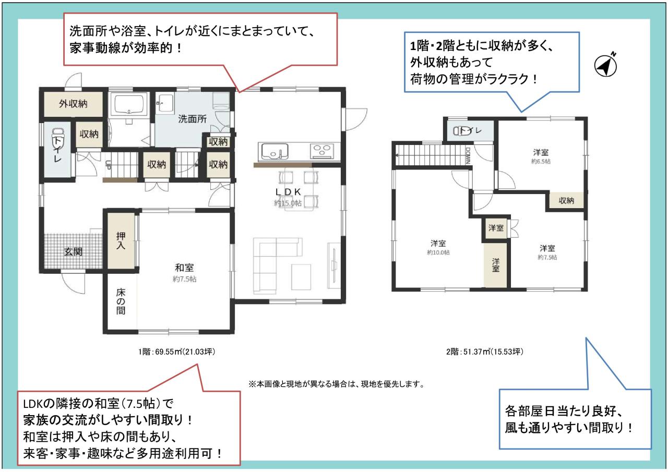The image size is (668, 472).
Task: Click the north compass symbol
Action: tap(606, 65)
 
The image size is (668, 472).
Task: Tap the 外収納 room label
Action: tap(73, 104)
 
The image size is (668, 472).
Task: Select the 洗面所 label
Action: tap(193, 119)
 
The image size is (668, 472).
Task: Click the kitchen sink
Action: tap(275, 151)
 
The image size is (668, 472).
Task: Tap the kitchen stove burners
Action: tap(323, 151)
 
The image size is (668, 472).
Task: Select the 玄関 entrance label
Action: tap(73, 252)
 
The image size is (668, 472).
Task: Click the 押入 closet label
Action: tap(121, 240)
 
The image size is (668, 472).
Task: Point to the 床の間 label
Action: tap(121, 301)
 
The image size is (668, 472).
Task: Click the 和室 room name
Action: tap(184, 268)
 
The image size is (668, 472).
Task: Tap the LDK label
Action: tap(288, 192)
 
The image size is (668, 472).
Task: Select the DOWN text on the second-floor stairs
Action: tap(467, 155)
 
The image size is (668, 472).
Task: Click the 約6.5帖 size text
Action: tap(541, 162)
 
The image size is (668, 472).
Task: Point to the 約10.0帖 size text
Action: tap(438, 252)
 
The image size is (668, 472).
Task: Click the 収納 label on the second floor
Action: tap(566, 201)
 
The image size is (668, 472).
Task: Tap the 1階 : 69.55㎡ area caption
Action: tap(176, 352)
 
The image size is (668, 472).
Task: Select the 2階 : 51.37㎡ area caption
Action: tap(485, 352)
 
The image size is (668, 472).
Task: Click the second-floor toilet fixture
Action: tap(460, 130)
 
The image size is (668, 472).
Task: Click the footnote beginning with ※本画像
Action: tap(337, 384)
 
